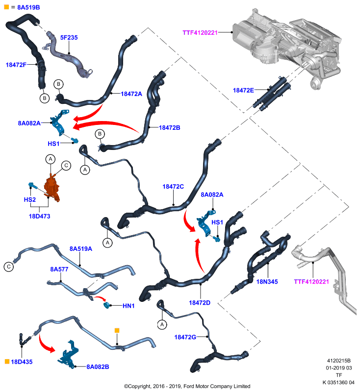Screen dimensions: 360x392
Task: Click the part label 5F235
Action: click(69, 38)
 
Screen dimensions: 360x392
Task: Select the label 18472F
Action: click(16, 65)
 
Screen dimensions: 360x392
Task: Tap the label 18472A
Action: click(131, 94)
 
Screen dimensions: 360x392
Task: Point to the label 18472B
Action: click(169, 127)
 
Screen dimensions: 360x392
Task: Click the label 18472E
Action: click(243, 90)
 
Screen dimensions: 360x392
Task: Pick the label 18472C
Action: click(173, 187)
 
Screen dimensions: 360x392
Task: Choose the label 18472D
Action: click(200, 303)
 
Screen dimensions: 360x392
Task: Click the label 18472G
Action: click(185, 337)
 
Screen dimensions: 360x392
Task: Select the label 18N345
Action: click(267, 282)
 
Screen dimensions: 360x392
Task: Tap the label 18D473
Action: click(40, 216)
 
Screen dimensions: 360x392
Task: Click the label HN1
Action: click(129, 306)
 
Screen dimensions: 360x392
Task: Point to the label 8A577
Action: click(59, 269)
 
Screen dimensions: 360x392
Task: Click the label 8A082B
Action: click(98, 367)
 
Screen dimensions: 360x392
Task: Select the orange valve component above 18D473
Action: click(52, 187)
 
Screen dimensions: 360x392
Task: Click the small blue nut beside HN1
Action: click(107, 305)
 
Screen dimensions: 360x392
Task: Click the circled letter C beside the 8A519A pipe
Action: click(9, 267)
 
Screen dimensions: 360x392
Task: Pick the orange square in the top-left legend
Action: click(6, 7)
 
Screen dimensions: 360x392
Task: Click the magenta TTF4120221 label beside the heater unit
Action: click(200, 32)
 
